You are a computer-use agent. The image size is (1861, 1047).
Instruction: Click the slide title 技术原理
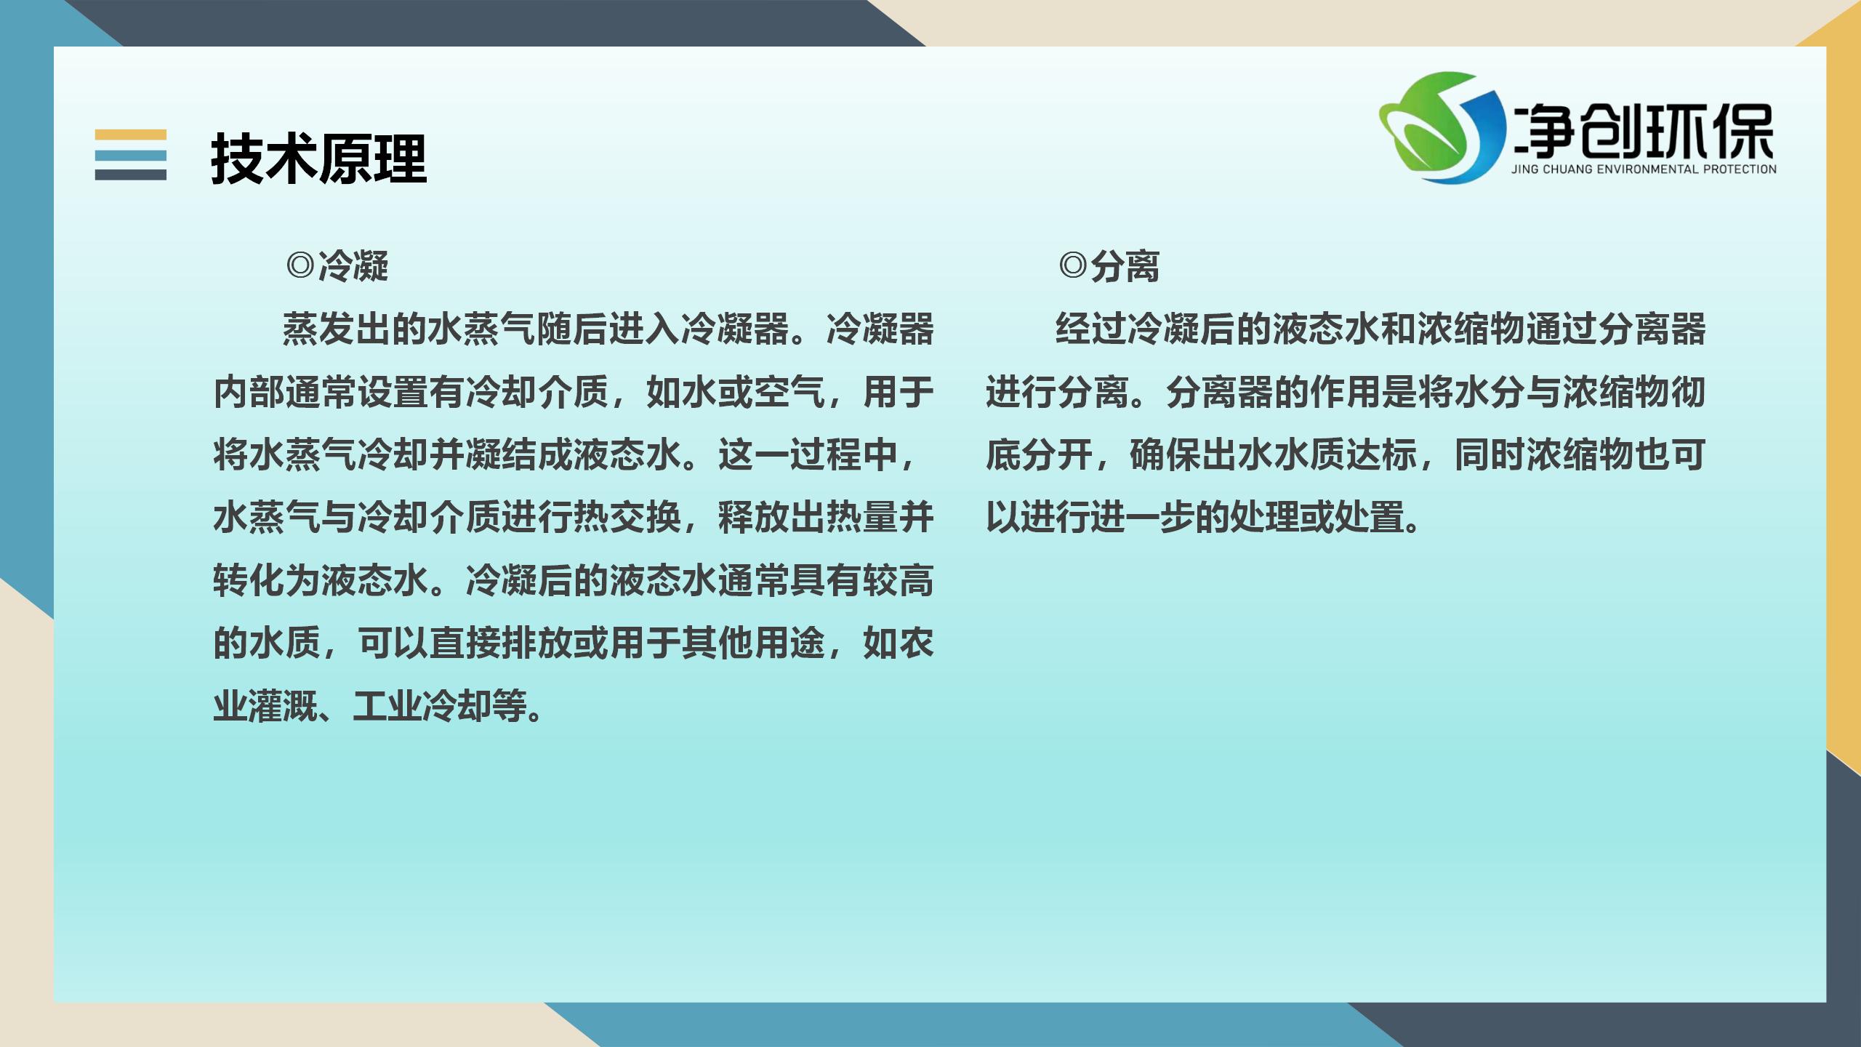click(319, 159)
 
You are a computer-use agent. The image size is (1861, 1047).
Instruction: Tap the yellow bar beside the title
click(131, 135)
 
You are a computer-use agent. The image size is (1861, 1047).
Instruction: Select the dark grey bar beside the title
click(131, 174)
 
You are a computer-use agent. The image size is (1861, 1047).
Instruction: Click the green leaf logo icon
click(1441, 127)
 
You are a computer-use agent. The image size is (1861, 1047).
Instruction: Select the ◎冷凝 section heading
click(337, 266)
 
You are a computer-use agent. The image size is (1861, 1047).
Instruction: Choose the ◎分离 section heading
click(1109, 266)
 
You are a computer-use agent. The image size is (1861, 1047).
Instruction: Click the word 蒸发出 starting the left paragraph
click(337, 329)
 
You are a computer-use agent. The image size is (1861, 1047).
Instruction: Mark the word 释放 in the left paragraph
click(754, 518)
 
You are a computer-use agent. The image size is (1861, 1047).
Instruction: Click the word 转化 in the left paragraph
click(249, 581)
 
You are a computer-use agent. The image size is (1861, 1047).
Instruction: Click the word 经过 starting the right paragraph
click(1091, 329)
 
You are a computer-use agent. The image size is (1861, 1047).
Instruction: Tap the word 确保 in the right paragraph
click(1165, 455)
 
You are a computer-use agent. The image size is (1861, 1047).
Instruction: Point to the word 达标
click(1382, 455)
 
